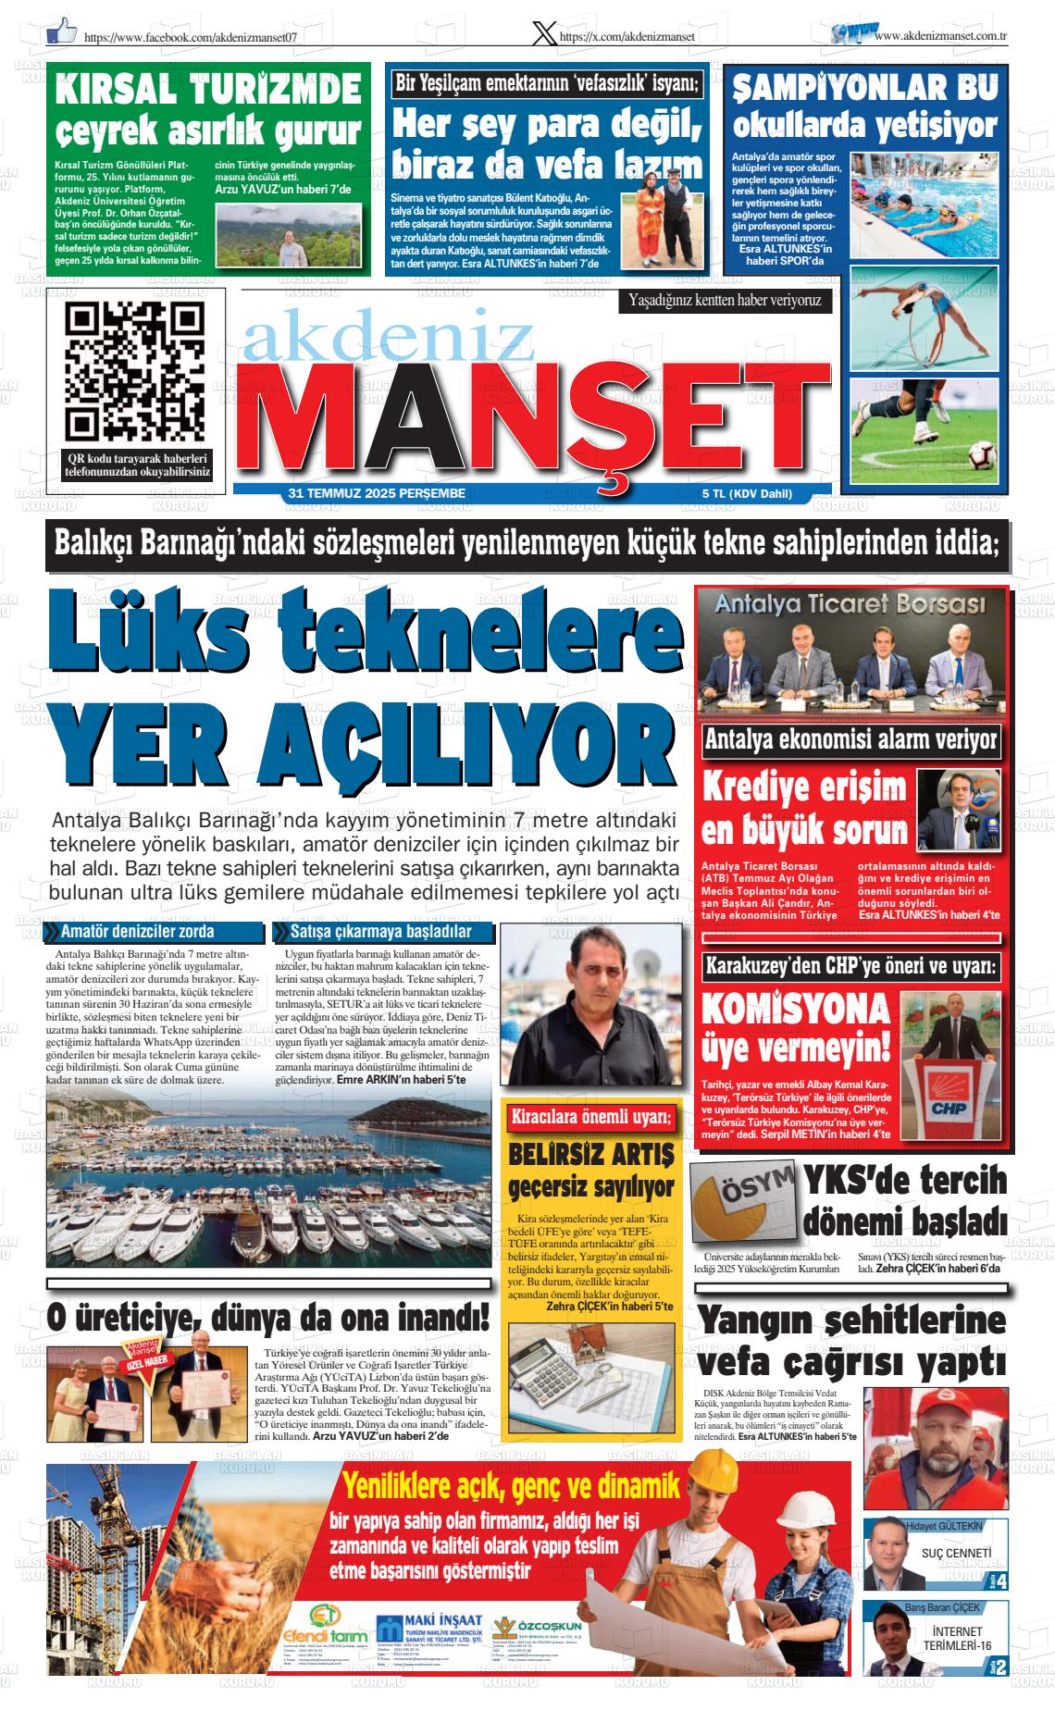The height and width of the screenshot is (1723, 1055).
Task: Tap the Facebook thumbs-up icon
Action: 62,31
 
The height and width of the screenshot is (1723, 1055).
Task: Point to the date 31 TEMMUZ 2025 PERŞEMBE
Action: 377,494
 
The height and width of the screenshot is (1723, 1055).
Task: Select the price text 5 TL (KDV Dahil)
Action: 747,494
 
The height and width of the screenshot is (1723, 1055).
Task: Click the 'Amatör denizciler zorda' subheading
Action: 138,931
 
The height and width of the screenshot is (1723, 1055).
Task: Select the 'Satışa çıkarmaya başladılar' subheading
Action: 379,931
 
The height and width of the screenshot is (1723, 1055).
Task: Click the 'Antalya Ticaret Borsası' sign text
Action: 850,608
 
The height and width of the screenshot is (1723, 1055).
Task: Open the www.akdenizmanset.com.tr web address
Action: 940,35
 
